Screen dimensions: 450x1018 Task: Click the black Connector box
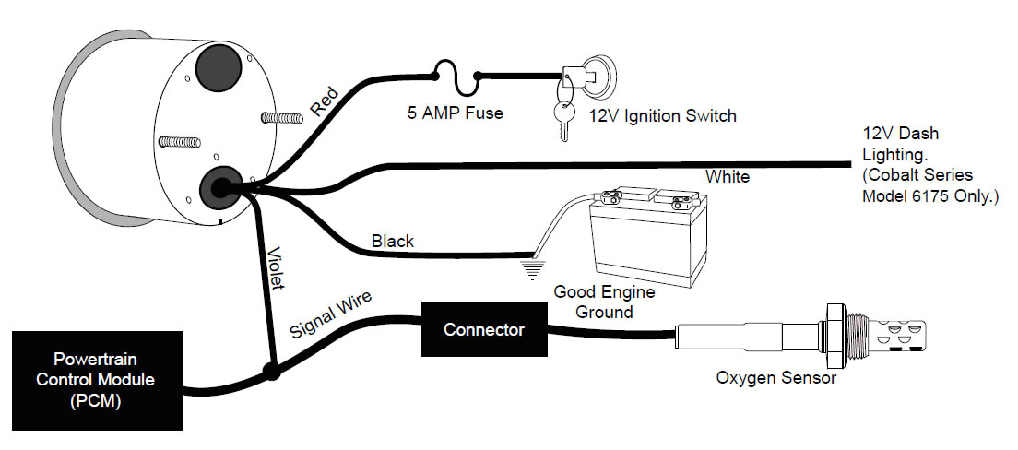(483, 329)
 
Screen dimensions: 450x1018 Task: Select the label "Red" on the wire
(325, 101)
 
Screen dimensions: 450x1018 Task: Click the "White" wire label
(728, 176)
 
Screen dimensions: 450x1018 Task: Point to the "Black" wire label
(393, 242)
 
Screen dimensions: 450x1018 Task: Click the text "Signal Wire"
(330, 316)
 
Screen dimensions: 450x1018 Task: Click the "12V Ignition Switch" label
(663, 116)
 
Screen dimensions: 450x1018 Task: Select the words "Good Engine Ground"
(604, 302)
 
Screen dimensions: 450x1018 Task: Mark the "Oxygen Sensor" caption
(776, 378)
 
